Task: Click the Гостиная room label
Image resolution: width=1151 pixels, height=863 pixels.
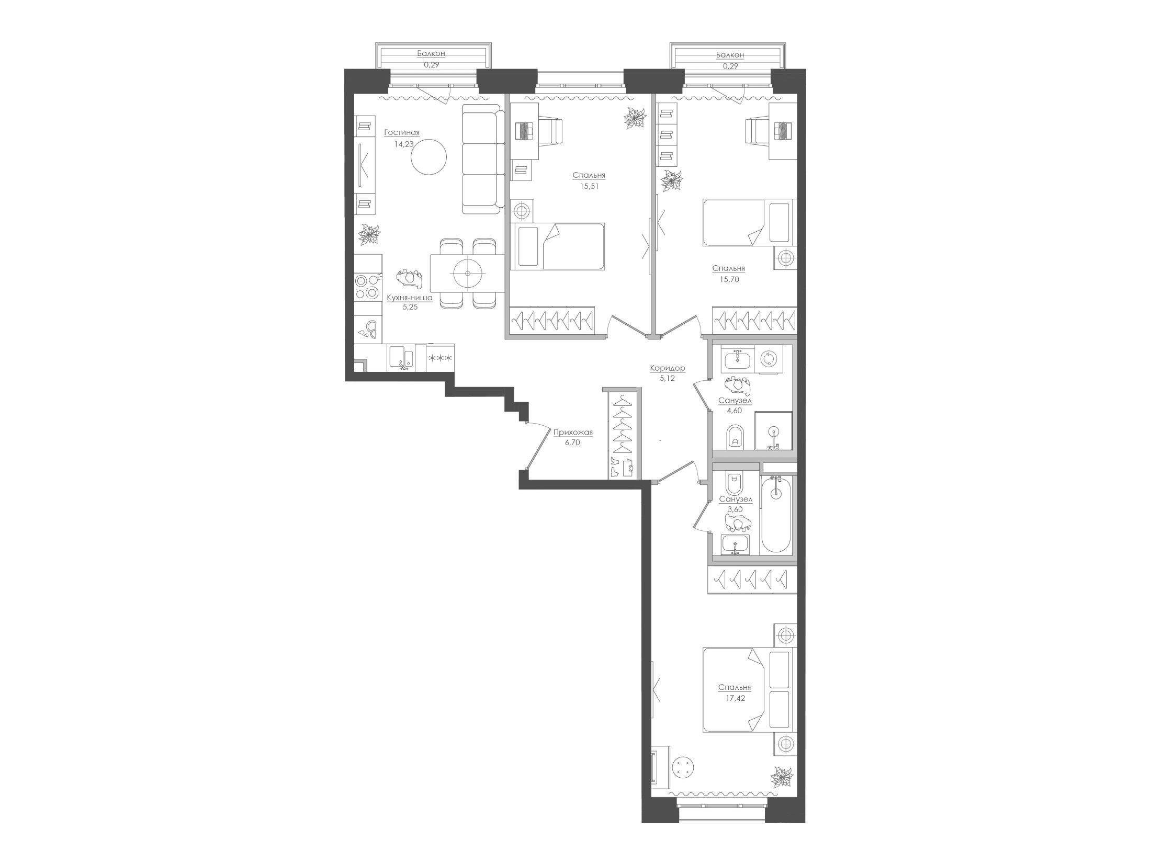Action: pos(402,133)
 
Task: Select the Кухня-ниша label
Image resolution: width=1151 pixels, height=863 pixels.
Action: pos(410,298)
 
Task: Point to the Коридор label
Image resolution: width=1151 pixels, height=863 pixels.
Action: pos(668,369)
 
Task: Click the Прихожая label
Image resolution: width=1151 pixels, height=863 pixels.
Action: pos(573,433)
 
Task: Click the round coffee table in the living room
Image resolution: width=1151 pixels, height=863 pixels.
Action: pos(429,157)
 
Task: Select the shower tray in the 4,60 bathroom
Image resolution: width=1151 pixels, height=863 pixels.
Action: pos(773,430)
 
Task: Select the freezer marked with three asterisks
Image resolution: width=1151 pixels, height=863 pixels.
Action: pos(440,358)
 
